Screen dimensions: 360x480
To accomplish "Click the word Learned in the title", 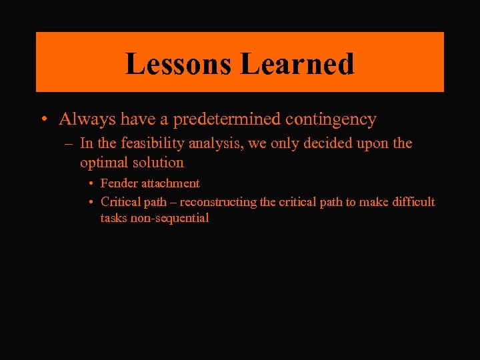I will click(x=297, y=64).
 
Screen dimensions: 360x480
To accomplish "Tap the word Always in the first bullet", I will click(x=83, y=119).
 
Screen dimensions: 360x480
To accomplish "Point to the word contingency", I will click(x=331, y=120).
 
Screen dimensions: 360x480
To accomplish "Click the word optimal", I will click(x=104, y=163).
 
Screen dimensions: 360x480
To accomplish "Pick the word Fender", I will click(x=118, y=183).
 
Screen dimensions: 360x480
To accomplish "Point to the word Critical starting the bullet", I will click(x=119, y=202).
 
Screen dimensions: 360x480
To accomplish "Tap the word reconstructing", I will click(x=219, y=202).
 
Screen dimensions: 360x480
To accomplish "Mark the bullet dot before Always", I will click(x=43, y=120).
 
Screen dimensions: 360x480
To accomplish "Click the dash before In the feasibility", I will click(x=69, y=144).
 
